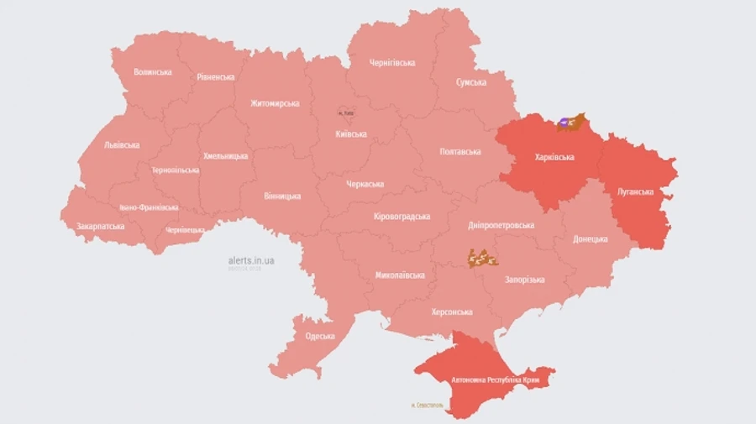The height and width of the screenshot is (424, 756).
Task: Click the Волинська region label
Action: (x=153, y=72)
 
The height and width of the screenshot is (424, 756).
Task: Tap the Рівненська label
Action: (x=216, y=77)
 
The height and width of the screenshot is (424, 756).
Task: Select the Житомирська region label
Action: (x=275, y=103)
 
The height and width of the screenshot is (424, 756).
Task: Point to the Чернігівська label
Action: (x=392, y=63)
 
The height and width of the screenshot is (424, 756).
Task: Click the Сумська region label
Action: (x=471, y=82)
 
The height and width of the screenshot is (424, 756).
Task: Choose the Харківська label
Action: (x=554, y=157)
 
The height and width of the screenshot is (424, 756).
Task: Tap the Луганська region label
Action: (x=635, y=191)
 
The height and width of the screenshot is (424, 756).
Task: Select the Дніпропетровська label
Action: (x=502, y=226)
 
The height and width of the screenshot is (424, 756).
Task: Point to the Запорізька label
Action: (x=524, y=280)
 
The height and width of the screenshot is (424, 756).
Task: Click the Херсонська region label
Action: (x=452, y=312)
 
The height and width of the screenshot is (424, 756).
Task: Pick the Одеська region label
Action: (x=320, y=336)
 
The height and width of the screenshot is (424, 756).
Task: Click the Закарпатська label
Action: (x=101, y=226)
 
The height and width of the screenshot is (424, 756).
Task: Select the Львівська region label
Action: (x=122, y=144)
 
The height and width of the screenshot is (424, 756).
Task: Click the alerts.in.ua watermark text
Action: (x=251, y=260)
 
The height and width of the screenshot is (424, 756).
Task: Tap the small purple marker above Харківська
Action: (x=564, y=122)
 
